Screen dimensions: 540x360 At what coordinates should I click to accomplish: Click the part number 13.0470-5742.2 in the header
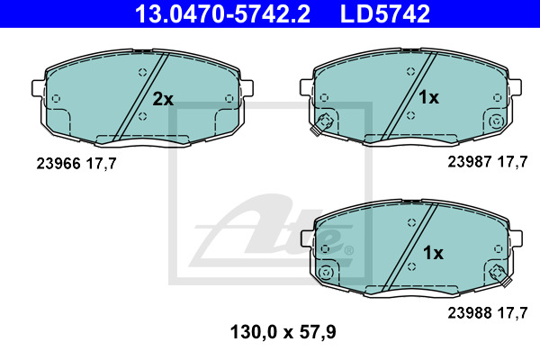(222, 13)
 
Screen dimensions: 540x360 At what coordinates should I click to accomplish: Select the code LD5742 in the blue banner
(385, 13)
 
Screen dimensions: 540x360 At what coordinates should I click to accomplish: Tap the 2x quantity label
(163, 99)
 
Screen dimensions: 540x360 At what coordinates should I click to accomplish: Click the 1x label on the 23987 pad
(428, 97)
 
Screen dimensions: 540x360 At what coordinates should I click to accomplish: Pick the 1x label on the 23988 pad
(433, 253)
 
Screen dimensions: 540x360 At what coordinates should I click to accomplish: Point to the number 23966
(58, 163)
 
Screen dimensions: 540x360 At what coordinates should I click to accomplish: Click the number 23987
(470, 162)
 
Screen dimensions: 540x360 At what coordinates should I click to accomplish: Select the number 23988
(470, 313)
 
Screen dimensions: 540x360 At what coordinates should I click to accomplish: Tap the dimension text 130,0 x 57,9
(283, 332)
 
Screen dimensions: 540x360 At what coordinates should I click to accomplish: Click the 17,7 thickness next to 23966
(101, 164)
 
